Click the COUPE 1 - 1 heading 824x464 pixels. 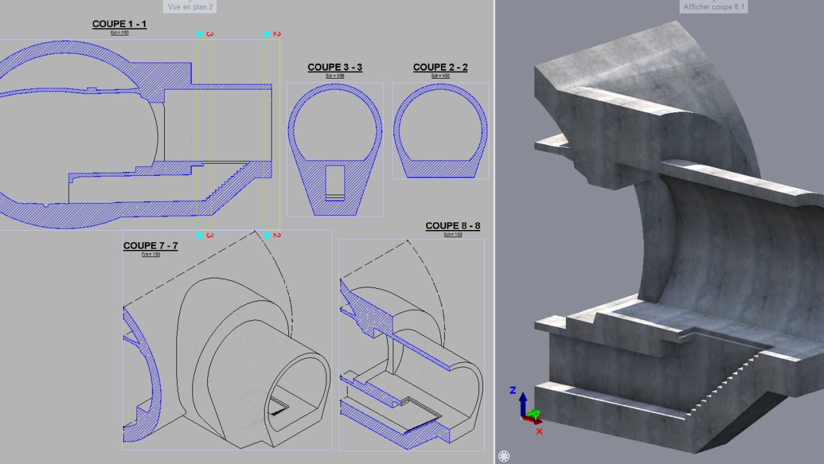pos(119,24)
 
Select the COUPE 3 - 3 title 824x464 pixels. pos(335,67)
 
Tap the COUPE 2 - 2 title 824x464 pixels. pos(440,67)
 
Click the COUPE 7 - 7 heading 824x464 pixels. pos(150,246)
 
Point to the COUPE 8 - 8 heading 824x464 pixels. pos(453,226)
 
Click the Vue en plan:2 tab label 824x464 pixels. pos(190,6)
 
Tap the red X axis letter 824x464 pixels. pos(539,431)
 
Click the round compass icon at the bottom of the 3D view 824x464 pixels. pos(504,456)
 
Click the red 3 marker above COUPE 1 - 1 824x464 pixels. pos(210,34)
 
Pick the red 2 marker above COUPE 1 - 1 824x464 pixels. pos(277,34)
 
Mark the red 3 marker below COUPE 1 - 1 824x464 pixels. pos(210,235)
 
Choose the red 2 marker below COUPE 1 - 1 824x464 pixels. pos(277,235)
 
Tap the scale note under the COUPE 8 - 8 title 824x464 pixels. pos(453,235)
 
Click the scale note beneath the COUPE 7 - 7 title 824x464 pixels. pos(150,255)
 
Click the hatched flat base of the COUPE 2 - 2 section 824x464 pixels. pos(440,169)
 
